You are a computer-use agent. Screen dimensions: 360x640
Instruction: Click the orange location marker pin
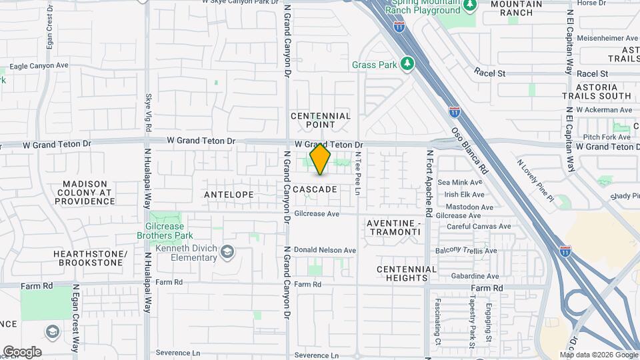tap(320, 159)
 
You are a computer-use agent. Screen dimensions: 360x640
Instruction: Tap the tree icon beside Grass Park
tap(406, 64)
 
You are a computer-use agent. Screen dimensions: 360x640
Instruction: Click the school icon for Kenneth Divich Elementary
tap(228, 251)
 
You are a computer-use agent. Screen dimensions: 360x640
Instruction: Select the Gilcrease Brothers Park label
tap(165, 231)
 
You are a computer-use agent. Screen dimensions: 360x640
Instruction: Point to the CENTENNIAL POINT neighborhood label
tap(321, 121)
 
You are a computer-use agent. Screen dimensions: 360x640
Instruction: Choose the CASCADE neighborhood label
tap(315, 189)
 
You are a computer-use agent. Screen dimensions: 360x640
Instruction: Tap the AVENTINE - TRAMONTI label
tap(394, 227)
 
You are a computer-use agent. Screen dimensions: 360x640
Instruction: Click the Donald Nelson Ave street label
tap(325, 250)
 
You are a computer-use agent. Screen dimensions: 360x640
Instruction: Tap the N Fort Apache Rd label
tap(430, 183)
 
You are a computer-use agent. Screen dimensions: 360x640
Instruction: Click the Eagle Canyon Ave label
tap(39, 66)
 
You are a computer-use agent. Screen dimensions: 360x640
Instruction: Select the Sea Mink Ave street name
tap(460, 182)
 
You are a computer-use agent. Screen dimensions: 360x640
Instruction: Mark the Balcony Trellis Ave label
tap(466, 251)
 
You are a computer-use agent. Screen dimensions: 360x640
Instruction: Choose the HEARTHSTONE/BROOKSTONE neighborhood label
tap(91, 259)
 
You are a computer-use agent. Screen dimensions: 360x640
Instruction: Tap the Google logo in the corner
tap(22, 352)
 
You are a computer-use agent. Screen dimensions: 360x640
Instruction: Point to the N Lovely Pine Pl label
tap(536, 180)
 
